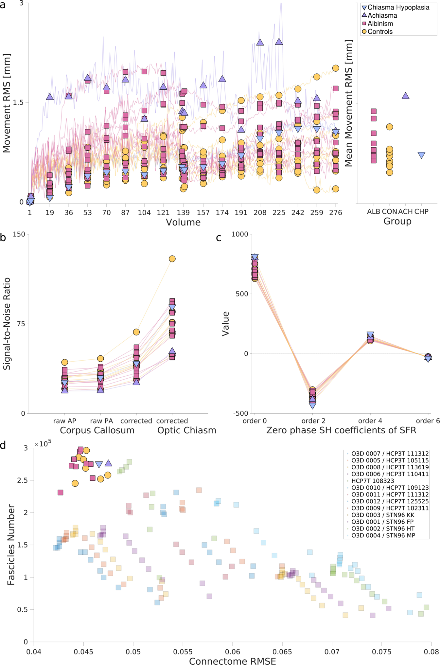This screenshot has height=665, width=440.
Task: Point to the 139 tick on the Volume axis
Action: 183,213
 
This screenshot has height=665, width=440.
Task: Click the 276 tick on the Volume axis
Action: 336,213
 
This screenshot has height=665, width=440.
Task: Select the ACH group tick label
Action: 405,212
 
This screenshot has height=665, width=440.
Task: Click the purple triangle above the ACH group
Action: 405,96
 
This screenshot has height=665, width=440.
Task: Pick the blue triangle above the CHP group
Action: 421,155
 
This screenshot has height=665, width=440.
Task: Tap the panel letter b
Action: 3,238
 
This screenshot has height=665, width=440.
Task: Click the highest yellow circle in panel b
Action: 172,259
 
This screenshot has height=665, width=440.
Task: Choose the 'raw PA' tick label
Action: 101,421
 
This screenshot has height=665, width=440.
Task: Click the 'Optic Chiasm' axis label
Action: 187,430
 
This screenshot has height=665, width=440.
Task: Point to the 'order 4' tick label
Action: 370,421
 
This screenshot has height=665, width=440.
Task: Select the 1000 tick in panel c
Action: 240,234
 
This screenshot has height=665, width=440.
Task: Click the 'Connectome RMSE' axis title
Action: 232,661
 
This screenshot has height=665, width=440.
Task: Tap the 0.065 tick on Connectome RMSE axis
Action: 282,651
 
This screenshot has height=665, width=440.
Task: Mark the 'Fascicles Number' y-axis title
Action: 11,545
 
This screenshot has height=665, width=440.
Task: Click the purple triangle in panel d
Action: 108,463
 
